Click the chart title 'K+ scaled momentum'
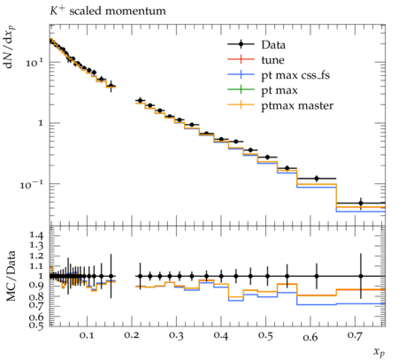pyautogui.click(x=108, y=11)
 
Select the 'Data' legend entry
pyautogui.click(x=256, y=44)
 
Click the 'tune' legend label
pyautogui.click(x=273, y=60)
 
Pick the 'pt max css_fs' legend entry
pyautogui.click(x=279, y=75)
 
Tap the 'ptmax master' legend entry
pyautogui.click(x=280, y=105)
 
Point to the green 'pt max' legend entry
pyautogui.click(x=263, y=90)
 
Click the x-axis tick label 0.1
pyautogui.click(x=87, y=336)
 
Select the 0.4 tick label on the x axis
pyautogui.click(x=221, y=336)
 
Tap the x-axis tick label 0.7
pyautogui.click(x=355, y=336)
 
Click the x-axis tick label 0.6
pyautogui.click(x=310, y=336)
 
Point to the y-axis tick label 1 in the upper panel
pyautogui.click(x=41, y=123)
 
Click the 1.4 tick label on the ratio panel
pyautogui.click(x=37, y=235)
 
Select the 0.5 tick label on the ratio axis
pyautogui.click(x=37, y=326)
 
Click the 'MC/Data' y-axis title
pyautogui.click(x=11, y=276)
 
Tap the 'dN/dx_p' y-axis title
pyautogui.click(x=10, y=47)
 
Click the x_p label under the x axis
pyautogui.click(x=379, y=351)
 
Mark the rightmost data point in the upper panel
pyautogui.click(x=361, y=203)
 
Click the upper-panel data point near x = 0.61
pyautogui.click(x=317, y=179)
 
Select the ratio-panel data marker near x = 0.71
pyautogui.click(x=361, y=276)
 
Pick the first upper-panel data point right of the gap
pyautogui.click(x=140, y=101)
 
